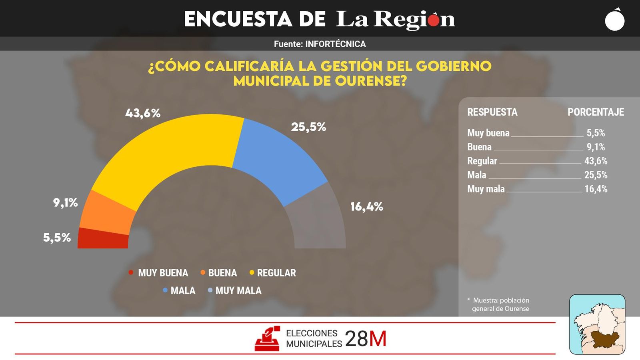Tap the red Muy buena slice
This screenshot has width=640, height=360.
click(103, 239)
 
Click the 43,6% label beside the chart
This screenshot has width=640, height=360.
click(143, 113)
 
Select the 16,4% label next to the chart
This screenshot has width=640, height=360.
click(366, 207)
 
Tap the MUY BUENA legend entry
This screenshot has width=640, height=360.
click(158, 273)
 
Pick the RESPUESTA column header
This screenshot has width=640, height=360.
click(492, 112)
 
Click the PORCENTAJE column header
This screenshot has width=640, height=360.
click(596, 112)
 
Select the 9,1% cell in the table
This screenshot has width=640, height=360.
click(596, 147)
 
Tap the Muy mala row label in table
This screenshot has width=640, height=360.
click(486, 189)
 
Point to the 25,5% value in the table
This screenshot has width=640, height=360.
click(596, 175)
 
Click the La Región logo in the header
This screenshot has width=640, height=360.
click(395, 19)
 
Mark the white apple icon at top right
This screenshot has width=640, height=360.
click(615, 20)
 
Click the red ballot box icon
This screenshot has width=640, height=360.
click(267, 339)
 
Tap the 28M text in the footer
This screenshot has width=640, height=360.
click(366, 339)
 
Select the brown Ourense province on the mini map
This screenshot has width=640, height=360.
click(605, 339)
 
